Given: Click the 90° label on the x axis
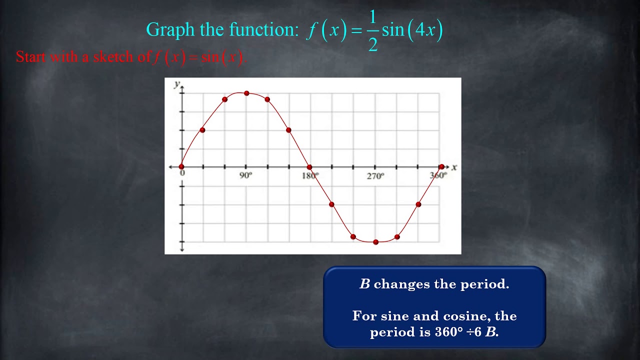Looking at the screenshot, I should pos(245,176).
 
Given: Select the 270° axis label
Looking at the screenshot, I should pos(375,176).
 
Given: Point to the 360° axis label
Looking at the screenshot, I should pos(438,175).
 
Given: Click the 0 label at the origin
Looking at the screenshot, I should pos(182,173).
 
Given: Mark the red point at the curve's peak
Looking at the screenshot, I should pos(246,93).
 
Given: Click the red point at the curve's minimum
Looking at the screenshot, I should pos(375,242).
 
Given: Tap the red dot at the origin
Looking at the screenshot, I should pos(181,167).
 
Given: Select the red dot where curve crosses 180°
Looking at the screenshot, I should pos(309,167).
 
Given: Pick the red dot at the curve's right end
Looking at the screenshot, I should pos(441,166).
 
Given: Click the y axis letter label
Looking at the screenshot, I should pos(176,84).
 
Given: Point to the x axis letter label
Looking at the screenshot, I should pos(454,167).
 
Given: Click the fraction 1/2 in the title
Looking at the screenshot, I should pos(372,30).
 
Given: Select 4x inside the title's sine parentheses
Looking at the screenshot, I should pos(425,30).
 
